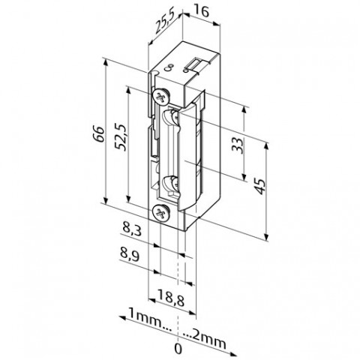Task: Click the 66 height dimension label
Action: [x=99, y=134]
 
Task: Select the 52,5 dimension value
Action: [x=121, y=136]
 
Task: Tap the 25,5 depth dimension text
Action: [x=164, y=23]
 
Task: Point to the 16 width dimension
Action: [x=202, y=12]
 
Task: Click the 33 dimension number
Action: [x=237, y=145]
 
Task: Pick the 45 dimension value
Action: [x=260, y=186]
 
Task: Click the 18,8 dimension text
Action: [x=171, y=295]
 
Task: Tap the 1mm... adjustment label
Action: [x=150, y=319]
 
